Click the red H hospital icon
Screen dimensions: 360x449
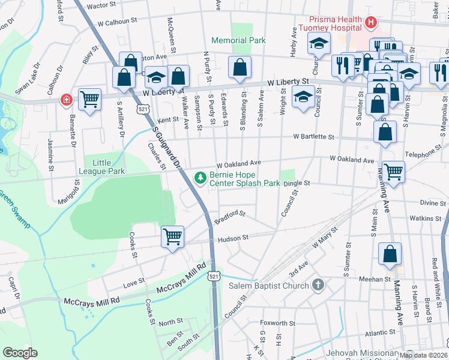[x=370, y=23]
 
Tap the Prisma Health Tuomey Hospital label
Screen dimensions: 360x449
[x=336, y=23]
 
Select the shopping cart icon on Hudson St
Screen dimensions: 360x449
[x=172, y=236]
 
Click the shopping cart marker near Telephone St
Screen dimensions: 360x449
[x=393, y=172]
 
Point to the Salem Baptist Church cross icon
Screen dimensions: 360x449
[x=319, y=286]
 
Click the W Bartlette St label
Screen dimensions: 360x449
[x=313, y=137]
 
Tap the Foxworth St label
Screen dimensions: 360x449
[x=275, y=323]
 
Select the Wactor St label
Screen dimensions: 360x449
[x=101, y=5]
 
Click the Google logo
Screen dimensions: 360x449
[x=20, y=353]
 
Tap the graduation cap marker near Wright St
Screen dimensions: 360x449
[x=303, y=96]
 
